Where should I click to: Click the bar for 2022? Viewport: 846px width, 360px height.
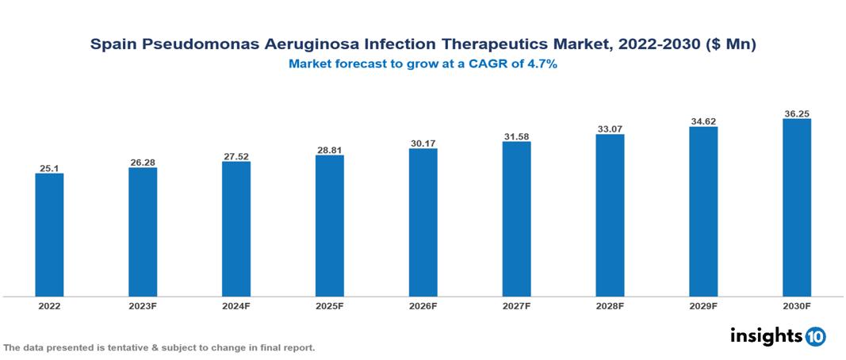pos(49,235)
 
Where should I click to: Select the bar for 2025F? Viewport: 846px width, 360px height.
pos(329,226)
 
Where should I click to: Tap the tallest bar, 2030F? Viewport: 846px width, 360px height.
pos(796,208)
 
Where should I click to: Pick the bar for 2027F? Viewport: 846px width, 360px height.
pos(516,219)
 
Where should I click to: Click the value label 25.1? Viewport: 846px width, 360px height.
pos(49,168)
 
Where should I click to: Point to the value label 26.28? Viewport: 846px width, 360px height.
pos(143,163)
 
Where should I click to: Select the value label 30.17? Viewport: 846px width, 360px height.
pos(423,144)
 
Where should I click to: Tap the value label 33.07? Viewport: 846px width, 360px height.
pos(610,128)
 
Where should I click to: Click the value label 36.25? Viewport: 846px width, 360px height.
pos(796,113)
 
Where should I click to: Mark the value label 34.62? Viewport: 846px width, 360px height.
pos(703,121)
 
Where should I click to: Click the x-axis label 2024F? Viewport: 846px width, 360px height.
pos(236,306)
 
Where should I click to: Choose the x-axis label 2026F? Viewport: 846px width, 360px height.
pos(423,306)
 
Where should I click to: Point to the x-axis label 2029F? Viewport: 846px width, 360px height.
pos(703,306)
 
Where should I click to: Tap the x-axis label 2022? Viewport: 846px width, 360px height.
pos(49,306)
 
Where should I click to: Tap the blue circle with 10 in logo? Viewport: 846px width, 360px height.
pos(815,337)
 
